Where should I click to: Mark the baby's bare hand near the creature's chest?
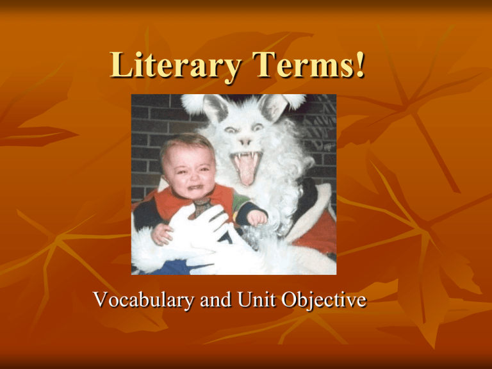pos(257,218)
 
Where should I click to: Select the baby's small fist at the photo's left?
pos(160,233)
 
